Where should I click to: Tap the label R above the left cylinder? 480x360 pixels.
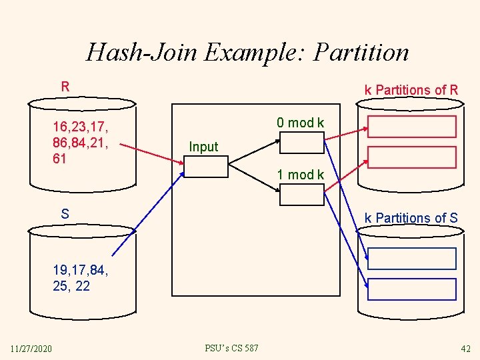(x=65, y=87)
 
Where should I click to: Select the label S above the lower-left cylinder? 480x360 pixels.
(x=65, y=214)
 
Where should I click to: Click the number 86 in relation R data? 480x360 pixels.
(x=61, y=143)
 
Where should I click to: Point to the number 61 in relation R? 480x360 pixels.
(x=60, y=159)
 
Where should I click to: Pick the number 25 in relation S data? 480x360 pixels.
(x=61, y=287)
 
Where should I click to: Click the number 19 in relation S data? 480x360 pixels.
(x=61, y=271)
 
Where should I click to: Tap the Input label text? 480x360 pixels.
(x=203, y=147)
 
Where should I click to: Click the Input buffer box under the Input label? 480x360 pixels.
(x=205, y=166)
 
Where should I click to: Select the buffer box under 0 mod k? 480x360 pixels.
(x=301, y=143)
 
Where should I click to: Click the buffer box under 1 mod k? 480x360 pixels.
(x=301, y=194)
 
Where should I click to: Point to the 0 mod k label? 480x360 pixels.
(x=301, y=123)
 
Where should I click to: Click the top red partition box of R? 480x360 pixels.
(x=411, y=127)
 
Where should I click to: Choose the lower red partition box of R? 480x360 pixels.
(x=411, y=157)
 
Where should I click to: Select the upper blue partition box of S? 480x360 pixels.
(x=411, y=259)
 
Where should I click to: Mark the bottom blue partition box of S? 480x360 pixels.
(x=411, y=289)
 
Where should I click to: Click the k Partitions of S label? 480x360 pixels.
(x=411, y=218)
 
